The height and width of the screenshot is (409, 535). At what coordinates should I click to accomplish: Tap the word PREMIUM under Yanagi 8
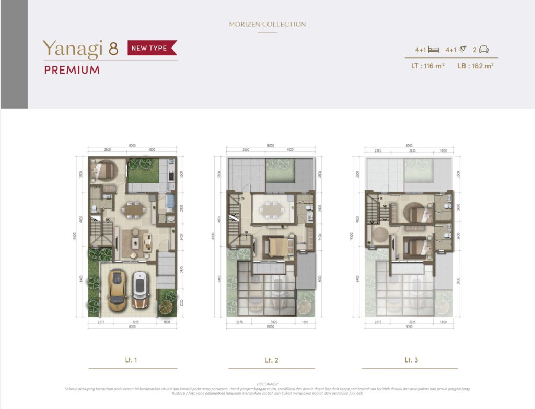pyautogui.click(x=72, y=70)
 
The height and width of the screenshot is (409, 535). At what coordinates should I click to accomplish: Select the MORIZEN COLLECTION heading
pyautogui.click(x=267, y=25)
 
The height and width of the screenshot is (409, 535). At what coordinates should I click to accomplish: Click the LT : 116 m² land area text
pyautogui.click(x=427, y=66)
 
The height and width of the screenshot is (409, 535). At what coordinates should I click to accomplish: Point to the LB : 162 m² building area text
pyautogui.click(x=475, y=66)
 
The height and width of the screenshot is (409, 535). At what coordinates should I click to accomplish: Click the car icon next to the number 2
pyautogui.click(x=484, y=50)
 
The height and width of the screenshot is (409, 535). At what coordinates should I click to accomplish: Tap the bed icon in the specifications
pyautogui.click(x=433, y=50)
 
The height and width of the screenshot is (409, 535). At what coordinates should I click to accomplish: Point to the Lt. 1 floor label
pyautogui.click(x=132, y=360)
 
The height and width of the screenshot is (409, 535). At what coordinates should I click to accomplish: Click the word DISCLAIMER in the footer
pyautogui.click(x=267, y=384)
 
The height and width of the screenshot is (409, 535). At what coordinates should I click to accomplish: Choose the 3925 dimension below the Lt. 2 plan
pyautogui.click(x=271, y=322)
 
